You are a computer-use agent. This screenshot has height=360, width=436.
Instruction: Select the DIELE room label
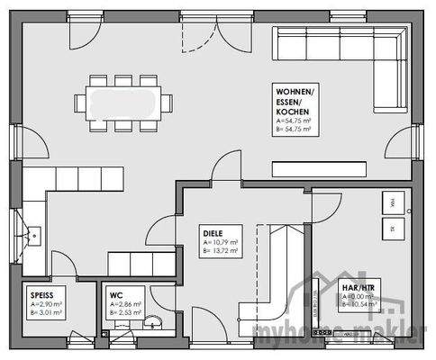point(213,231)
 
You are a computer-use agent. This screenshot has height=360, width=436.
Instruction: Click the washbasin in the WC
point(156,321)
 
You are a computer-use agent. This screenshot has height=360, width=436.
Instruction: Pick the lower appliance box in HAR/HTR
point(393,230)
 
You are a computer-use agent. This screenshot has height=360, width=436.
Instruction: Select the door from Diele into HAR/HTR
point(320,209)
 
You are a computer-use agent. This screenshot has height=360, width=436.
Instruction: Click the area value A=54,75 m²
point(294,121)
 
